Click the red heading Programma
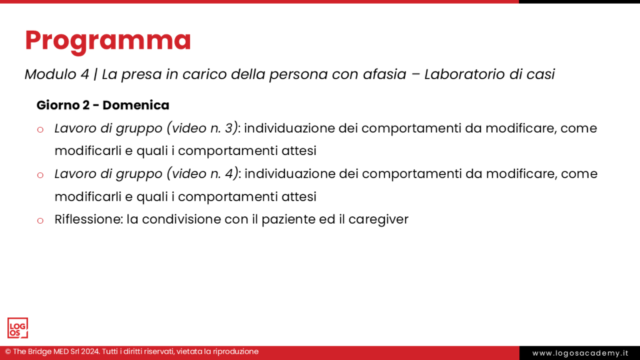pos(107,41)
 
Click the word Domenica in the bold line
pos(136,105)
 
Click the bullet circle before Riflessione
pos(40,221)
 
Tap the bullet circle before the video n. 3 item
pos(40,129)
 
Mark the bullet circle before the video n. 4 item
pos(40,175)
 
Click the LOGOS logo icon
pos(17,328)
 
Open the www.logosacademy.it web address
pos(579,353)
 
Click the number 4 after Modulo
pos(84,74)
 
